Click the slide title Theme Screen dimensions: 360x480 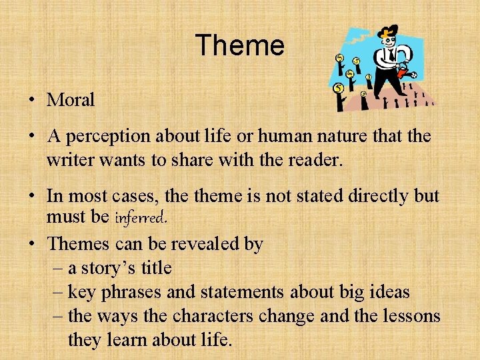point(239,46)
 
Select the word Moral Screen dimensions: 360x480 point(71,100)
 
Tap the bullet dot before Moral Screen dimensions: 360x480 point(32,101)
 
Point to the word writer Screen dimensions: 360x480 point(69,161)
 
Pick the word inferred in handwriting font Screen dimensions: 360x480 point(140,217)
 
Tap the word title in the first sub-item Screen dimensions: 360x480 point(156,269)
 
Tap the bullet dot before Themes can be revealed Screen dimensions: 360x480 point(32,245)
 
